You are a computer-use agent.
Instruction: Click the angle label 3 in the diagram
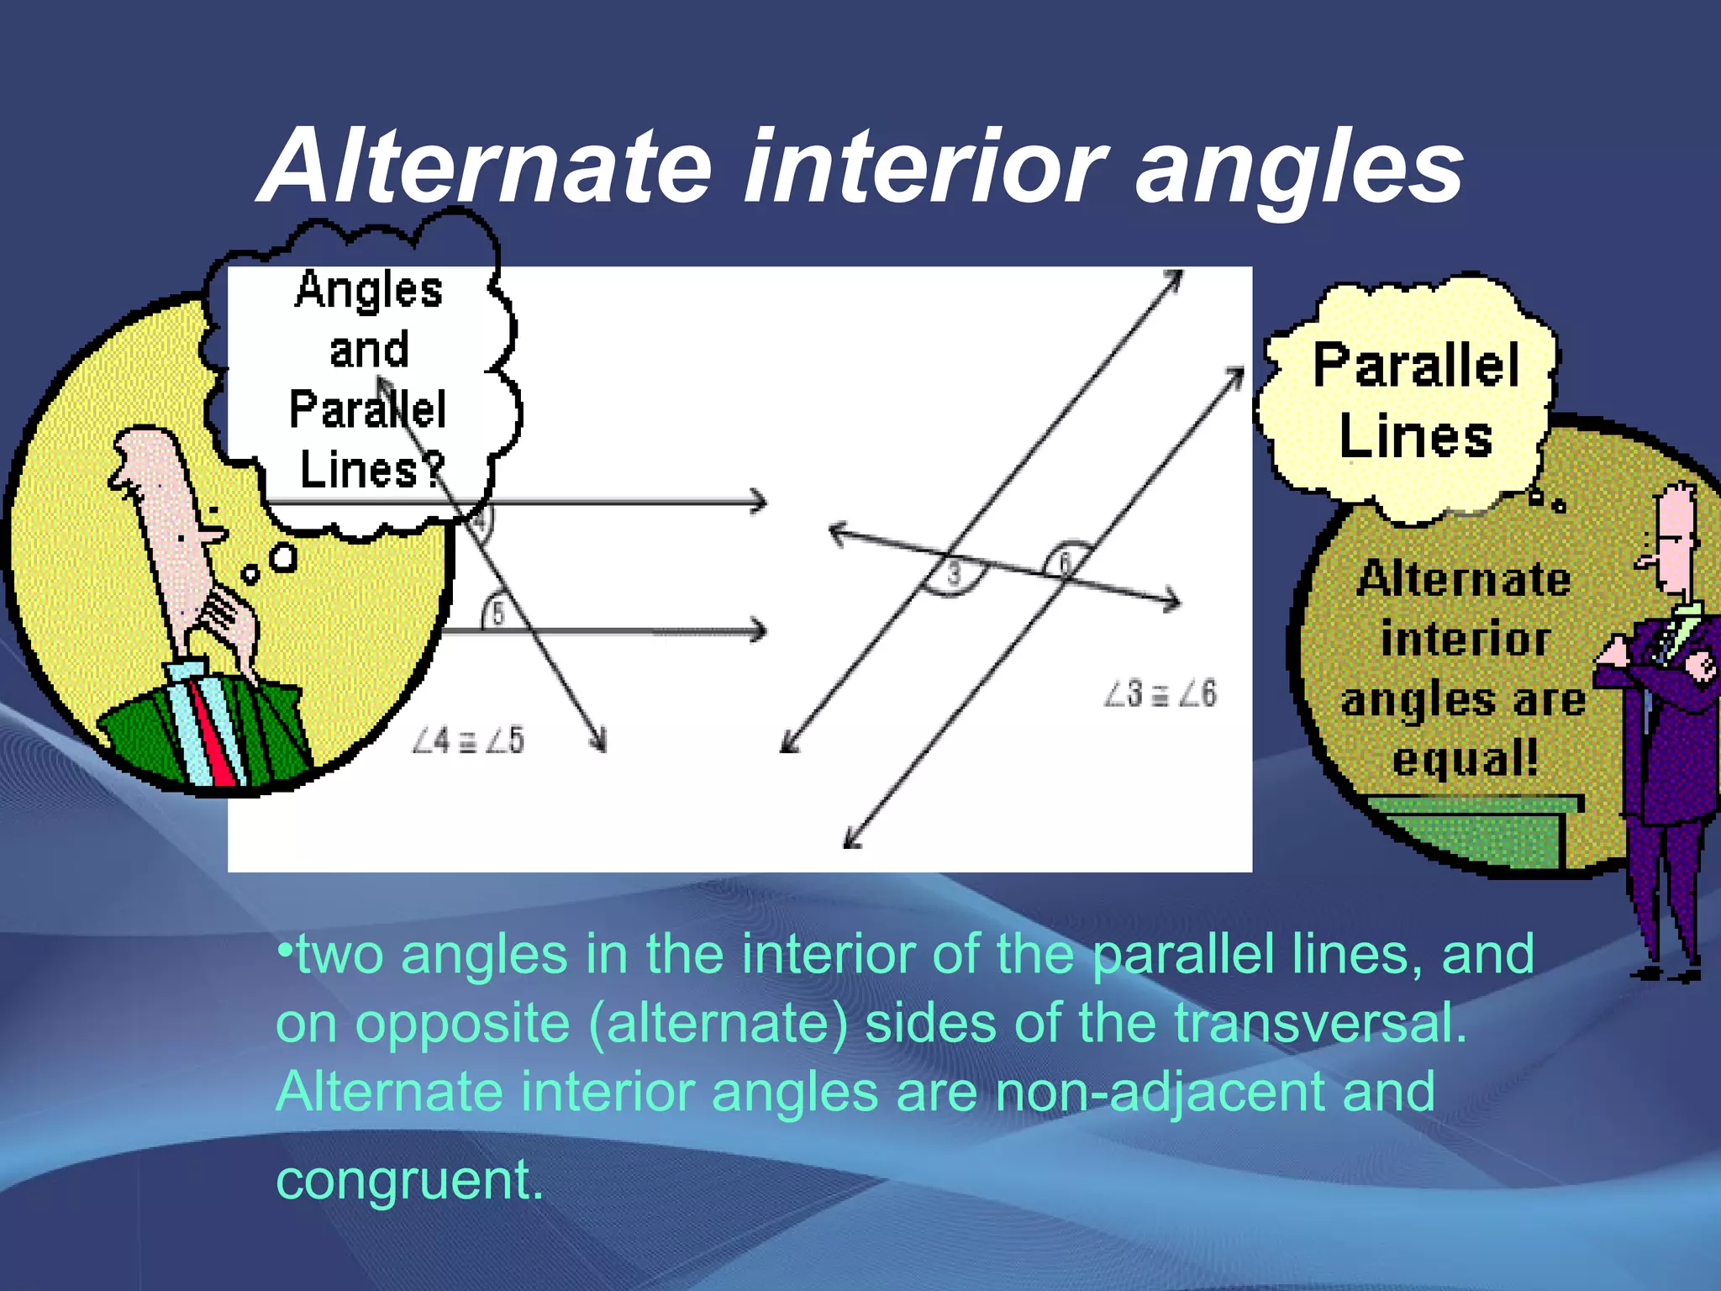[954, 574]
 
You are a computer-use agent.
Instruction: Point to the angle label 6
[1065, 561]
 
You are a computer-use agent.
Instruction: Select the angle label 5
[497, 614]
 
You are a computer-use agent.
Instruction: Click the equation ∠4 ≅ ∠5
[468, 740]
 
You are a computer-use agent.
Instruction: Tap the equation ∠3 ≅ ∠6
[1160, 694]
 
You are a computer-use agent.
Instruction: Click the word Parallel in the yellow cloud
[1417, 365]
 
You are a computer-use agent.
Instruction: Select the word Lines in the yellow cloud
[1416, 437]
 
